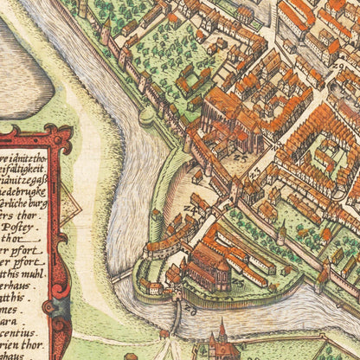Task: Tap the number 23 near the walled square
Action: click(240, 159)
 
